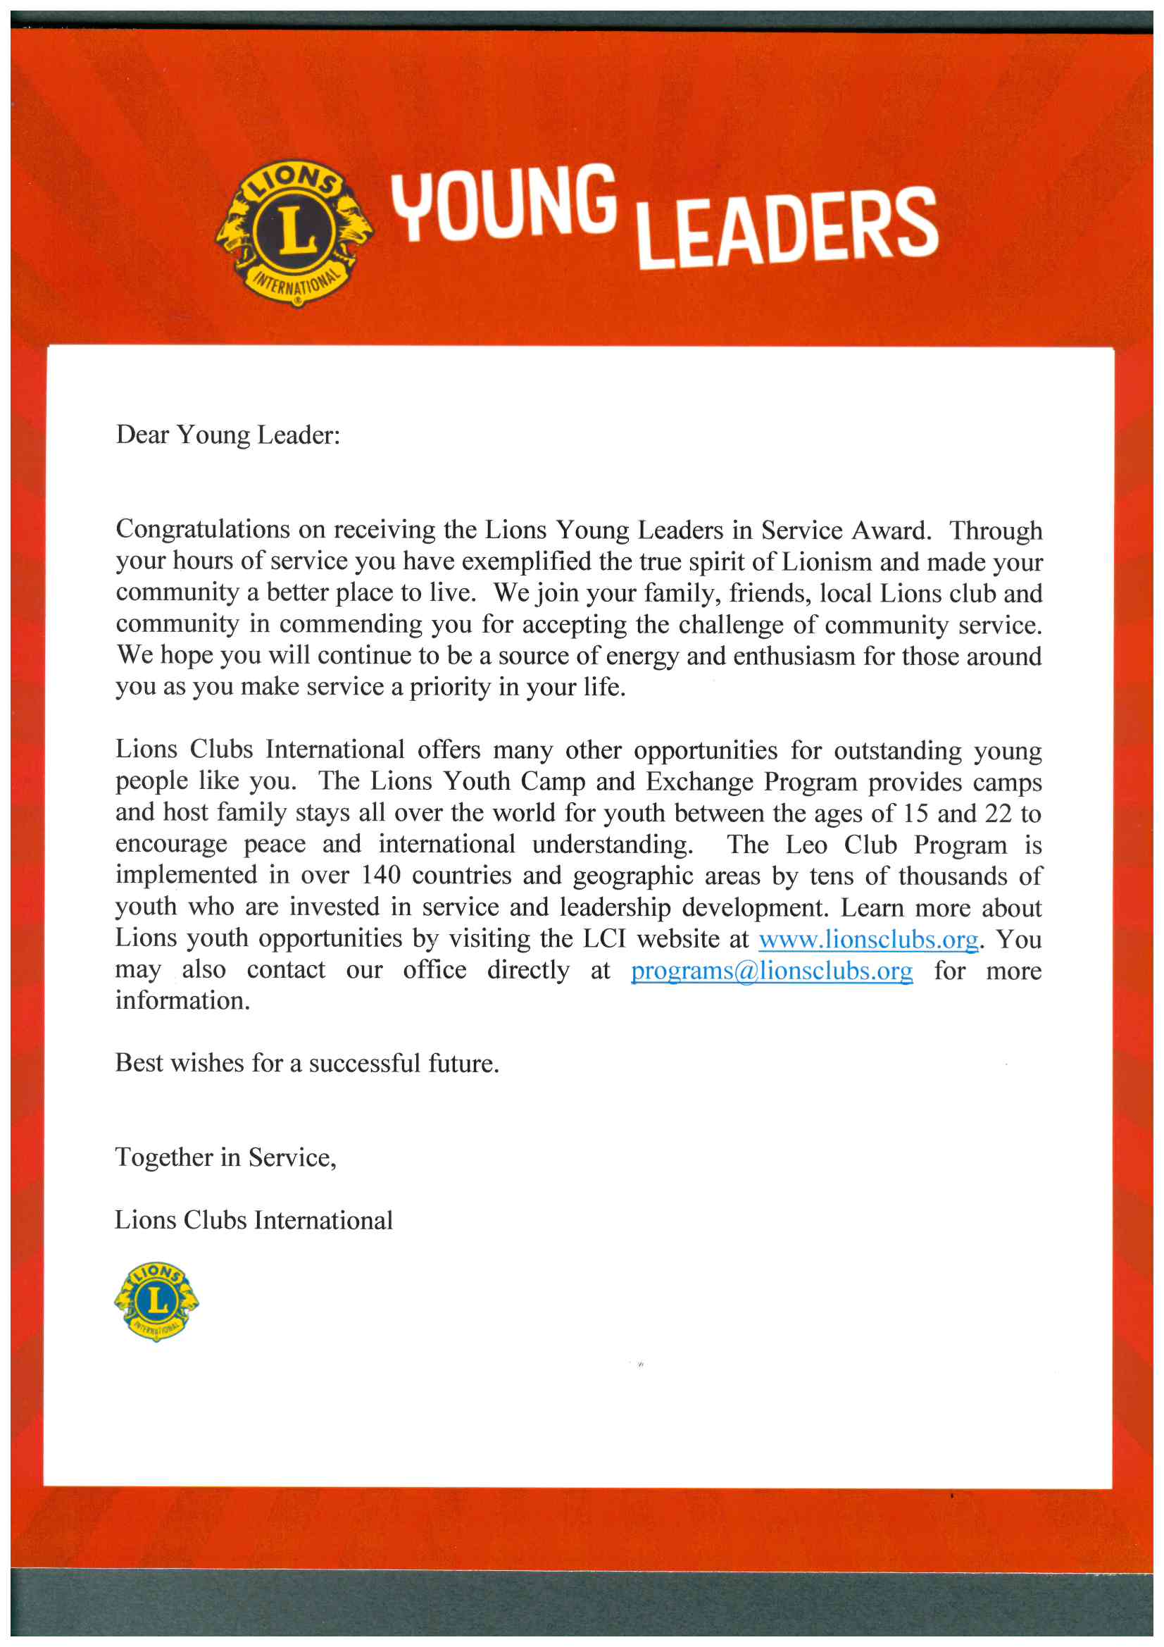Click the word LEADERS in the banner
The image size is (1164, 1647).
[787, 229]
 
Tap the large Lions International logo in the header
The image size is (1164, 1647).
[294, 233]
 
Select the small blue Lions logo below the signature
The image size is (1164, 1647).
[156, 1300]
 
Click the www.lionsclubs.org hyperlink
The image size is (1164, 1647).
[868, 939]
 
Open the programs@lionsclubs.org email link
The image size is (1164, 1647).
[771, 971]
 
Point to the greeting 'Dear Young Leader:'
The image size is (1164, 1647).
[228, 435]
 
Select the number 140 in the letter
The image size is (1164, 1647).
[380, 876]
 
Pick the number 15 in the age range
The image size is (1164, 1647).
[915, 814]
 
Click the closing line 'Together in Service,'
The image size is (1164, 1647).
[226, 1157]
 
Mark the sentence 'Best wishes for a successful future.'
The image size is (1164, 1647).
[307, 1063]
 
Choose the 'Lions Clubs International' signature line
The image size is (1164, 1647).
[254, 1220]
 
